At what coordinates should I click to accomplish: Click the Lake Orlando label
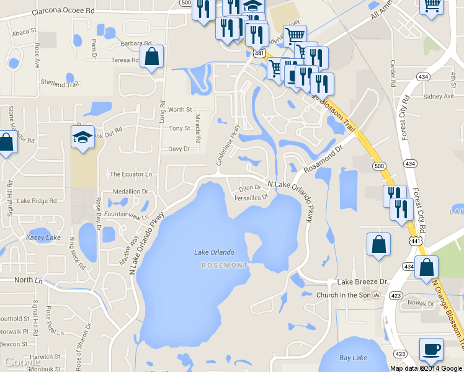[214, 252]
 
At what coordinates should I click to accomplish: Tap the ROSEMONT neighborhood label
[225, 265]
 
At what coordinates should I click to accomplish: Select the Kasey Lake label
[43, 237]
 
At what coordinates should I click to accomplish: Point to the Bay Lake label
[353, 358]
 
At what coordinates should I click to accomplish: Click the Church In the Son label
[344, 295]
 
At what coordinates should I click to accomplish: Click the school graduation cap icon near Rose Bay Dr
[83, 137]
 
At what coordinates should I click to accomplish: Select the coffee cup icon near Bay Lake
[431, 348]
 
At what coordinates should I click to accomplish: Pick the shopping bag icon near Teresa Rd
[152, 57]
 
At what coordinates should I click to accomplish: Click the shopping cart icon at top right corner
[432, 7]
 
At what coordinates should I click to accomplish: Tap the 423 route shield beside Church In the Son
[395, 295]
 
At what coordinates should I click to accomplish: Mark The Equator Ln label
[131, 174]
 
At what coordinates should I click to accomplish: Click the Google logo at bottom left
[22, 362]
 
